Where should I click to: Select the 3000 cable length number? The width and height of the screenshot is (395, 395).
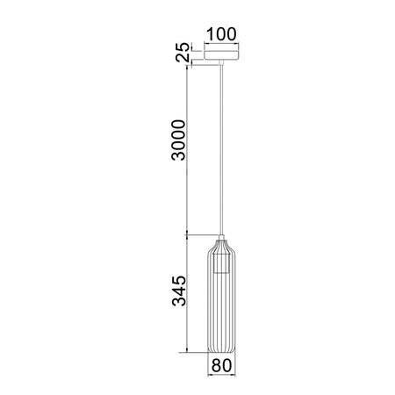tap(177, 141)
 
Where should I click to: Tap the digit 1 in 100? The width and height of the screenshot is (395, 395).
tap(208, 36)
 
